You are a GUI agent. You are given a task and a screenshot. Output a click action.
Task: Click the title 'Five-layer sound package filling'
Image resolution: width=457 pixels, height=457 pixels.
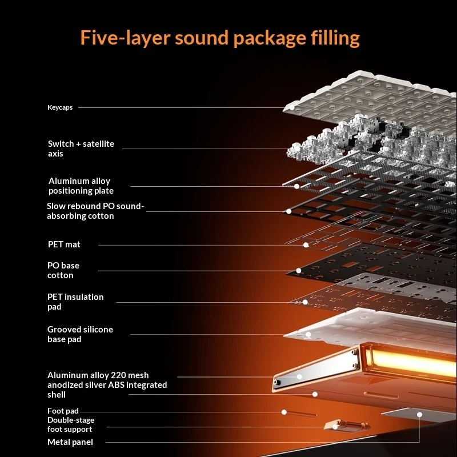coord(220,38)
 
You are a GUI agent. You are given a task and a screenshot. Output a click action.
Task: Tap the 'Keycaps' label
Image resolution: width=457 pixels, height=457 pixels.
coord(60,107)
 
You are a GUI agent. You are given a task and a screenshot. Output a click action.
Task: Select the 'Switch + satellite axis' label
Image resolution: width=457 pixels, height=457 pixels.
coord(81,149)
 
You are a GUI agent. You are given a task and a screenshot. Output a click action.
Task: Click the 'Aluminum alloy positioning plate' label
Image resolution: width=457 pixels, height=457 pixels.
coord(81,186)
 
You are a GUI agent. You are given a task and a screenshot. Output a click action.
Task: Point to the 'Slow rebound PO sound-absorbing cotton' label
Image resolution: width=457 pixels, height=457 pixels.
coord(95,211)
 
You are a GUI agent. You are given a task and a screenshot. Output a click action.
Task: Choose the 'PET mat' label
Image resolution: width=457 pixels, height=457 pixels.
coord(64,244)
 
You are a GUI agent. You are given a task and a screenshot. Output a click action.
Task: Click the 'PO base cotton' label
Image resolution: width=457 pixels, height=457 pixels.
coord(63,270)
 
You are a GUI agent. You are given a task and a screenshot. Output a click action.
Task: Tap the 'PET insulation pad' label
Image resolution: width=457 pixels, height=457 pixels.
coord(75,302)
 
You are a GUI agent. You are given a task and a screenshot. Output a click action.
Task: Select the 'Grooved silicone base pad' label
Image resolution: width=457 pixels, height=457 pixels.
coord(80,334)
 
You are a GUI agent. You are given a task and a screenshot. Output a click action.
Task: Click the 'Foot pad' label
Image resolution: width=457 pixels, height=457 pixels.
coord(63,411)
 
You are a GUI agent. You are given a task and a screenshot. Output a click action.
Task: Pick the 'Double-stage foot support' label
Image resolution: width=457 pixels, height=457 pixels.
coord(71,424)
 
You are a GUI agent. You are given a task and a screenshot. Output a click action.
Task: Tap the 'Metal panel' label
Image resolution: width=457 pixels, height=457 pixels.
coord(70,442)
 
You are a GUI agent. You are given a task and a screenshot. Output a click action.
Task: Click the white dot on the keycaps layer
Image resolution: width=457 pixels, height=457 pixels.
coord(292,107)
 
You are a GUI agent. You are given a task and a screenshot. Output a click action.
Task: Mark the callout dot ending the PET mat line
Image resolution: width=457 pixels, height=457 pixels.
coord(306,245)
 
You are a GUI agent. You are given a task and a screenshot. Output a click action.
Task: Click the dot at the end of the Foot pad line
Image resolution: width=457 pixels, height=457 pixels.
coord(284,412)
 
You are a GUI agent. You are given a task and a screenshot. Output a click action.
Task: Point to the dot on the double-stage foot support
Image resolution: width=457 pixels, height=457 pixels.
coord(335,427)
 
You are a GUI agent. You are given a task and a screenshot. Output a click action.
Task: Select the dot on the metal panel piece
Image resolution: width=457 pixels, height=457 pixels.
coord(419,415)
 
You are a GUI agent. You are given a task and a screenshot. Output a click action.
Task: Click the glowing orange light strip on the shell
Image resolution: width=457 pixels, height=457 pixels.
coord(411,362)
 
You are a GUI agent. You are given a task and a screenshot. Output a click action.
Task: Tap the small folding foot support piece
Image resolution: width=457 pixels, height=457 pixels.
coord(347,426)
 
